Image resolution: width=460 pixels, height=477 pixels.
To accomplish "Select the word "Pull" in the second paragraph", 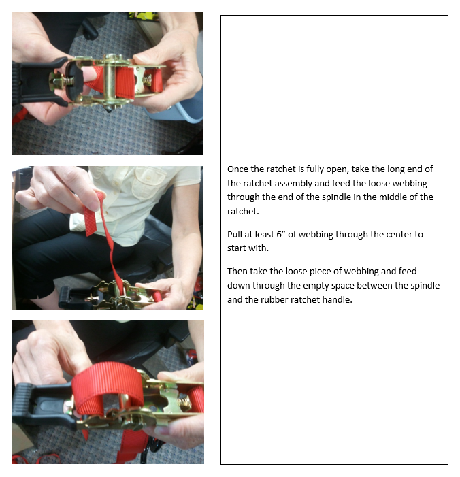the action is (234, 234).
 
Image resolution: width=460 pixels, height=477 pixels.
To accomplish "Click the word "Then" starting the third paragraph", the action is (237, 271).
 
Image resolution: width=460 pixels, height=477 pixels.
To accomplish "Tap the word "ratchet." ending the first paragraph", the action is (243, 211).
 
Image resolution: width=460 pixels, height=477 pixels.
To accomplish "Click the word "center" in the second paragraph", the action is (399, 235).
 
